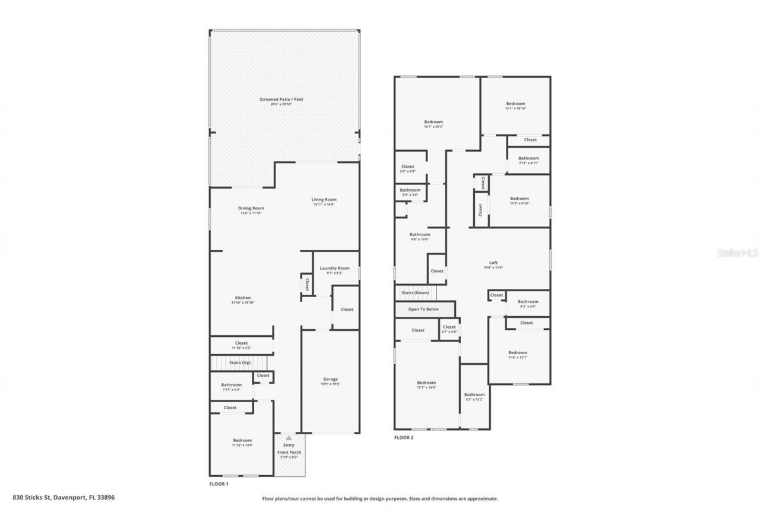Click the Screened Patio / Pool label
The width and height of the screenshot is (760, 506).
pyautogui.click(x=281, y=99)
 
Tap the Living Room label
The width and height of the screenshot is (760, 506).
pyautogui.click(x=324, y=200)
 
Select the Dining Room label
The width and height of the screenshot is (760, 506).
pyautogui.click(x=251, y=208)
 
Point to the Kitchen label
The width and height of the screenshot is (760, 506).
pyautogui.click(x=242, y=298)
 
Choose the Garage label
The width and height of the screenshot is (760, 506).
pyautogui.click(x=330, y=379)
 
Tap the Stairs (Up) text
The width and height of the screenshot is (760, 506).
pyautogui.click(x=239, y=362)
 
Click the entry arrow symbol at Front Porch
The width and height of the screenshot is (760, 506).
pyautogui.click(x=289, y=438)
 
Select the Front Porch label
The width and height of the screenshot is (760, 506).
pyautogui.click(x=289, y=452)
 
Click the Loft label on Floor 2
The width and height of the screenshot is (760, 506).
pyautogui.click(x=493, y=263)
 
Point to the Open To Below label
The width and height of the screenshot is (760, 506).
pyautogui.click(x=423, y=309)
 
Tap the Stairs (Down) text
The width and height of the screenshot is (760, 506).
pyautogui.click(x=416, y=293)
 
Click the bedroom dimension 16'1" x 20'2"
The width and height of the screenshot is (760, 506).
pyautogui.click(x=433, y=127)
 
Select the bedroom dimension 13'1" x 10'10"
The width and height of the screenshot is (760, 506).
pyautogui.click(x=515, y=109)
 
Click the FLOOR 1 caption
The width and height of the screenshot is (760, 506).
pyautogui.click(x=219, y=484)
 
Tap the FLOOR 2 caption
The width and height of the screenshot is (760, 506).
pyautogui.click(x=404, y=438)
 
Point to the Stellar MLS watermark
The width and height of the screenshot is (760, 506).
pyautogui.click(x=737, y=253)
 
